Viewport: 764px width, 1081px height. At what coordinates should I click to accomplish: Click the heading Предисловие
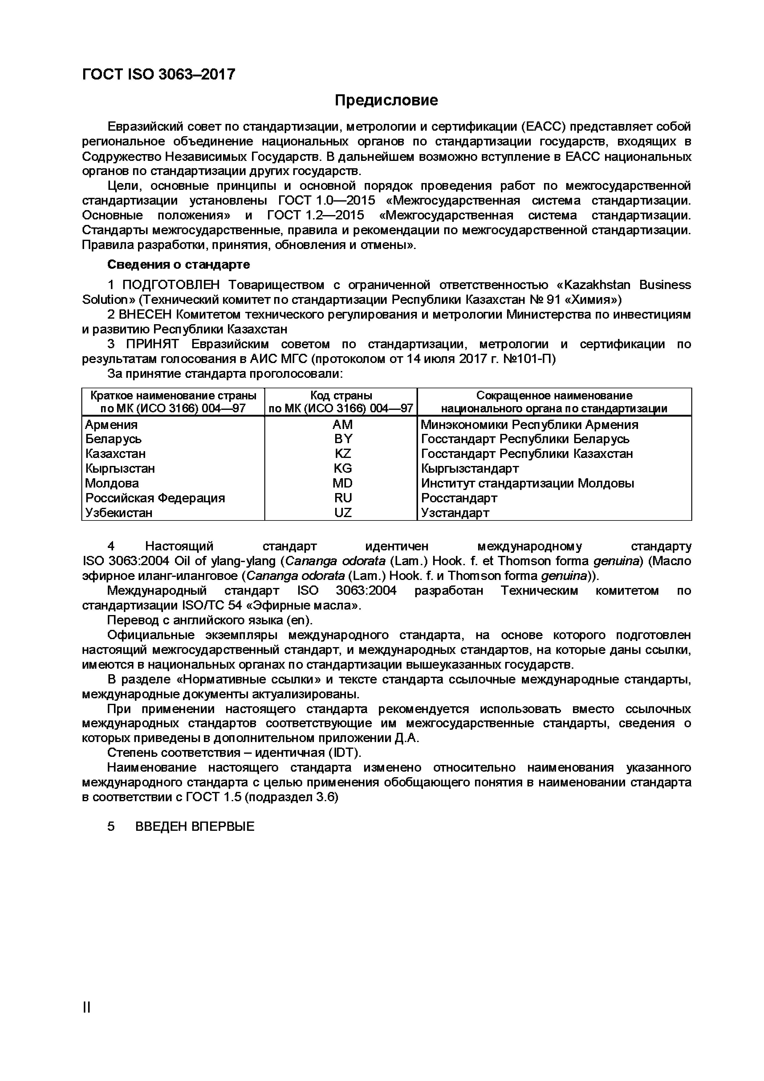[386, 100]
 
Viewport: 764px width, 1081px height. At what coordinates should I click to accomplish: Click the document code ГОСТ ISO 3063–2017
[159, 74]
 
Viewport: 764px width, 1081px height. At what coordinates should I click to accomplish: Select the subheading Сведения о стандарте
[178, 265]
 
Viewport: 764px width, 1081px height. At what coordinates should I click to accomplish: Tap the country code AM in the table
[342, 425]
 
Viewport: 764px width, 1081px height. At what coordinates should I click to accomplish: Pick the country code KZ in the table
[342, 454]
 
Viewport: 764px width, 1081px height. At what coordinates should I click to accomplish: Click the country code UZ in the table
[342, 513]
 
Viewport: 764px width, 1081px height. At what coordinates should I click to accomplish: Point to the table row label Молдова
[112, 483]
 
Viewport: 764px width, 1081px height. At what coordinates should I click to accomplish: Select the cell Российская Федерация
[155, 498]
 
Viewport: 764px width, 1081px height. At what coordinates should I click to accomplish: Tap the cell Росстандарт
[459, 498]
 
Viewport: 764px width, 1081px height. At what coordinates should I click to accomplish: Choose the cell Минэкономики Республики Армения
[529, 425]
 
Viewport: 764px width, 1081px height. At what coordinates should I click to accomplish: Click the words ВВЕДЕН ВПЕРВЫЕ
[194, 827]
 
